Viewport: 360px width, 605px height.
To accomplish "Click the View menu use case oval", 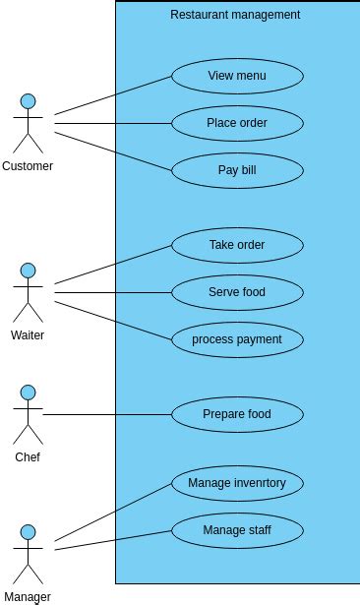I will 237,76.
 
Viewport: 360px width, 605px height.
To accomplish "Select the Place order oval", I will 237,123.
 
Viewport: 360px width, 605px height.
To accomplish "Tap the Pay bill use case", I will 237,170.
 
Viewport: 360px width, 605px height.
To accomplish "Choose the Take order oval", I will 237,245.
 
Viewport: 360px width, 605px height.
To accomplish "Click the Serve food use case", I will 237,292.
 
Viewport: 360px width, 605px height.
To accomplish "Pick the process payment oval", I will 237,339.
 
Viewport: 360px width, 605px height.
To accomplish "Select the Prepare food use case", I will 237,414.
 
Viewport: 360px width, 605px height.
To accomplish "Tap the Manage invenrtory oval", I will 237,483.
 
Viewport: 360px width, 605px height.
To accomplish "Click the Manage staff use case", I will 237,531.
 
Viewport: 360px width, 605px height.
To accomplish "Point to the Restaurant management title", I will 235,15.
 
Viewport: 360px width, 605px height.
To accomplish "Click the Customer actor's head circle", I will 29,100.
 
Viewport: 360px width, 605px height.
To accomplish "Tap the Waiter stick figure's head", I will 29,270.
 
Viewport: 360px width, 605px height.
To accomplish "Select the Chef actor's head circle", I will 29,392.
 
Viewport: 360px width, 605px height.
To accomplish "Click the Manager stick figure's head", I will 29,532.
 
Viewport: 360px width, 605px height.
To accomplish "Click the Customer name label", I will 28,166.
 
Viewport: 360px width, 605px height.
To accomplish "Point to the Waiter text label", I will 28,335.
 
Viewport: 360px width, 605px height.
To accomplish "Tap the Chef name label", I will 28,457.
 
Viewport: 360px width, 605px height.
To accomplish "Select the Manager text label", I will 28,596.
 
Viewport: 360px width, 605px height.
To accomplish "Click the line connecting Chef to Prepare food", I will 108,414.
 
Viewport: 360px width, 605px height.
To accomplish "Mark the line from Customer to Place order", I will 113,123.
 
